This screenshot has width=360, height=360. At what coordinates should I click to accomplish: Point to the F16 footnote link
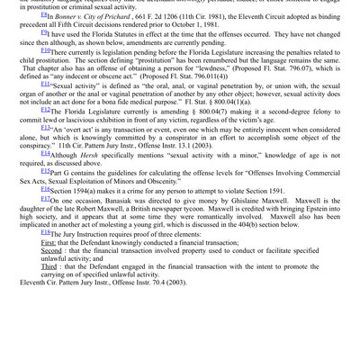(x=47, y=214)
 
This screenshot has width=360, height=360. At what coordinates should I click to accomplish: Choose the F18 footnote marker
(x=47, y=281)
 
